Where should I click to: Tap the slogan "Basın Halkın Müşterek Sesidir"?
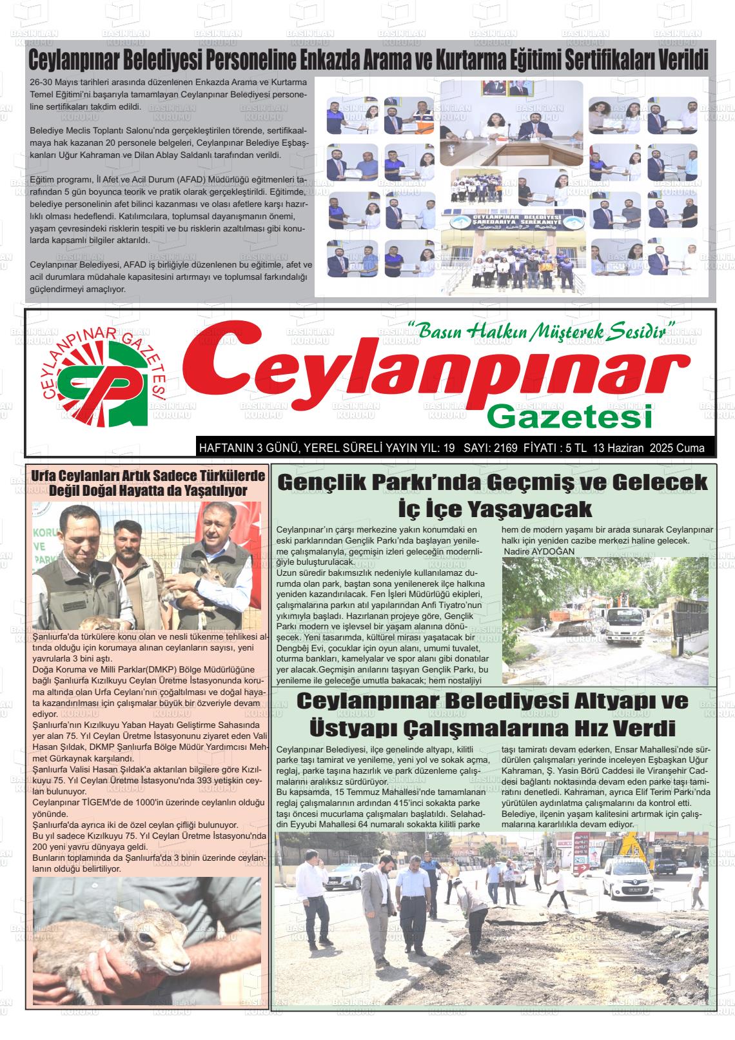542,331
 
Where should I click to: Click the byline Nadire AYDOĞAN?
540,551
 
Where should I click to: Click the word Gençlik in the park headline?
335,483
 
